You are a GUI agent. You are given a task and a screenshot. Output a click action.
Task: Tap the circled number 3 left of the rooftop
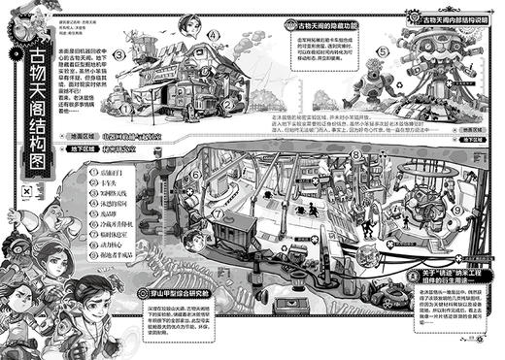[x=118, y=55]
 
